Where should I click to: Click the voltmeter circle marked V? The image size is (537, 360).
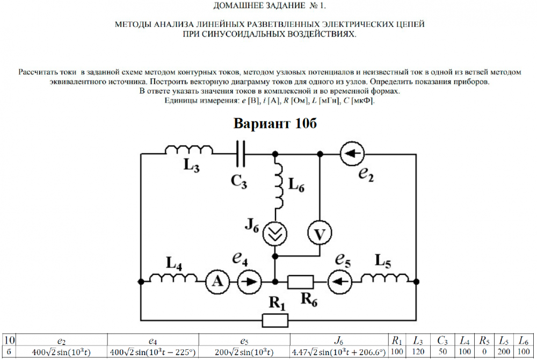[320, 234]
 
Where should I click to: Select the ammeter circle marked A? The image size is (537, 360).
[216, 280]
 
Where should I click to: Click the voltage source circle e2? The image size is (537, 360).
[350, 154]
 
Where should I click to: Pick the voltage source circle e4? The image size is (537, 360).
[248, 280]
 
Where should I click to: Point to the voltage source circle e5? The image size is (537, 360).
[337, 280]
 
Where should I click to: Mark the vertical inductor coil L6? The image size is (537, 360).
[279, 185]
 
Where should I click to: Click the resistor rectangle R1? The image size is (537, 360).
[275, 321]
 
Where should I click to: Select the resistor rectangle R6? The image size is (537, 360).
[301, 281]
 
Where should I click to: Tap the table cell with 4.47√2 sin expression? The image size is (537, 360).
[338, 352]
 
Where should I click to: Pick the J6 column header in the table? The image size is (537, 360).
[338, 340]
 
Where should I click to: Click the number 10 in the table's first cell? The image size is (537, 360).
[9, 340]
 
